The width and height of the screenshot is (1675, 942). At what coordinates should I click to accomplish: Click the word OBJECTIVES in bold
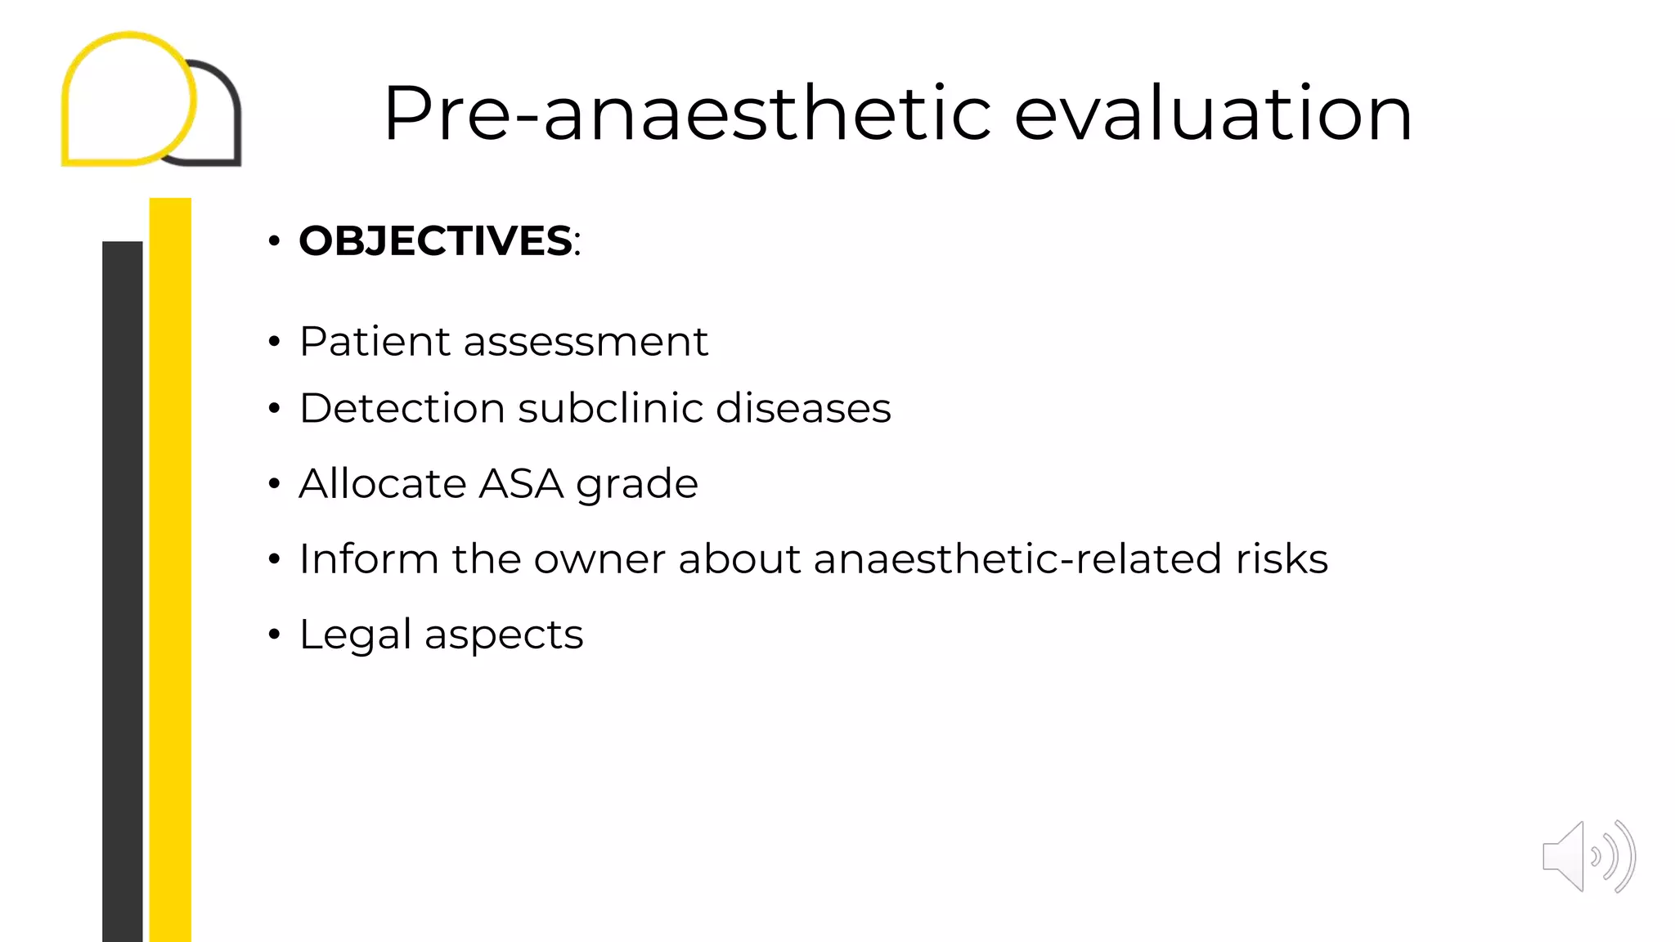pyautogui.click(x=435, y=241)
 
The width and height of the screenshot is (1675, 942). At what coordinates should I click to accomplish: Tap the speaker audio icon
pyautogui.click(x=1587, y=856)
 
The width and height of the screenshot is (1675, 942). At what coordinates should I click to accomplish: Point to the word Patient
pyautogui.click(x=375, y=341)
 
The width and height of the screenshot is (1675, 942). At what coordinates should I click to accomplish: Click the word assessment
pyautogui.click(x=585, y=341)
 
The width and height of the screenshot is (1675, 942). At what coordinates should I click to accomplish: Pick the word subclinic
pyautogui.click(x=609, y=408)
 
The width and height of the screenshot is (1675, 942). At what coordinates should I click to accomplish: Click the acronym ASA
pyautogui.click(x=521, y=483)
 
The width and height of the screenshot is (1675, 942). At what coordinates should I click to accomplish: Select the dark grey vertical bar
pyautogui.click(x=122, y=589)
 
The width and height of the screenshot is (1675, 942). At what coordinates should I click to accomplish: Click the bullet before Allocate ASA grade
pyautogui.click(x=274, y=484)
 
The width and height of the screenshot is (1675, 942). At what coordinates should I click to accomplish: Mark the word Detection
pyautogui.click(x=402, y=408)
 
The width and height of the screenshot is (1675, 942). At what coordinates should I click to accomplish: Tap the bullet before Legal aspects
pyautogui.click(x=274, y=635)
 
